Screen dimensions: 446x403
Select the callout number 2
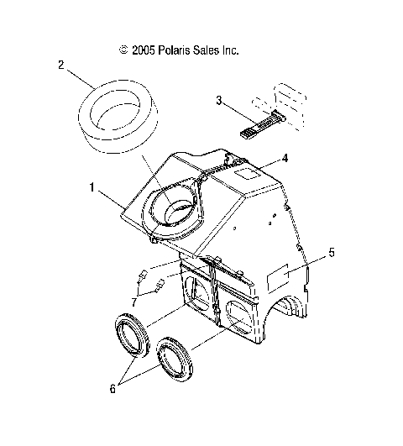coord(61,65)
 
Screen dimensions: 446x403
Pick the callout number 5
coord(332,252)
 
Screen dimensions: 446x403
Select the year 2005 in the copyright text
coord(143,50)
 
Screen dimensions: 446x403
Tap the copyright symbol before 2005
coord(123,50)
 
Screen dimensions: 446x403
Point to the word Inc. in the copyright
coord(231,50)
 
